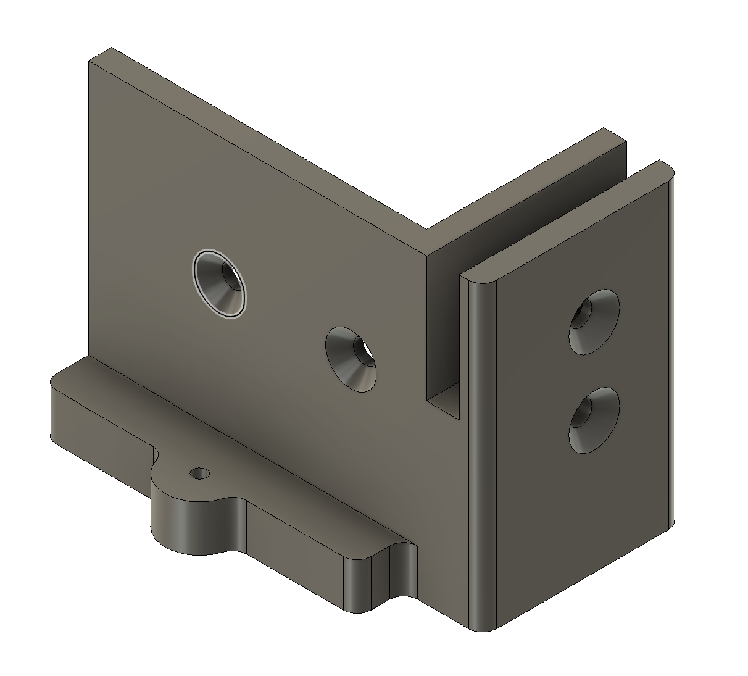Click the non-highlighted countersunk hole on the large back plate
(351, 359)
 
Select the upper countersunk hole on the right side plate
(594, 322)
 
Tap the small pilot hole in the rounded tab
(199, 474)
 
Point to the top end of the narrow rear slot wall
(614, 136)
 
